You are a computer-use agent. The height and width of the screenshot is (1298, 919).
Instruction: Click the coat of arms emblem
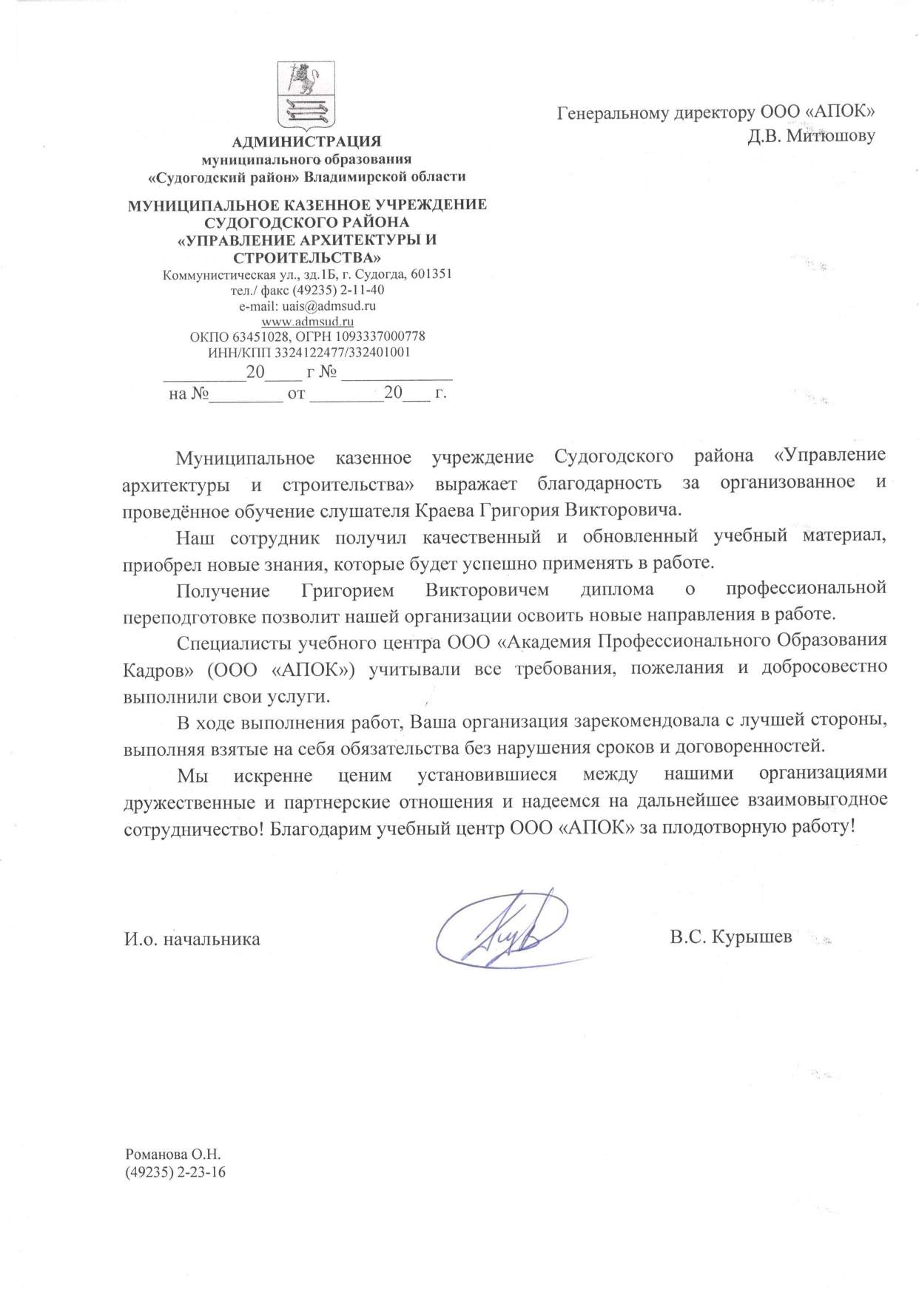(x=306, y=95)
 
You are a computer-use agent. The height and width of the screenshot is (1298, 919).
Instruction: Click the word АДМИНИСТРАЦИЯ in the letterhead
(x=306, y=141)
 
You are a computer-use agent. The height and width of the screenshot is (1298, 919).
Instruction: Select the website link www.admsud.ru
(x=308, y=322)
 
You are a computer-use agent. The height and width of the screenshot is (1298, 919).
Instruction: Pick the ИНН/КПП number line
(x=308, y=353)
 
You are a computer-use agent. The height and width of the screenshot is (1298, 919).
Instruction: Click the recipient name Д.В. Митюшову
(x=812, y=136)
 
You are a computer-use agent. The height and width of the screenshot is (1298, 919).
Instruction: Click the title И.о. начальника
(x=192, y=939)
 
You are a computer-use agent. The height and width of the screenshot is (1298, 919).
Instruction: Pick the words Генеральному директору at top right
(x=654, y=113)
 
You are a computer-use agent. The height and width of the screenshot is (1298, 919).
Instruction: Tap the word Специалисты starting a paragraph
(x=227, y=640)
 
